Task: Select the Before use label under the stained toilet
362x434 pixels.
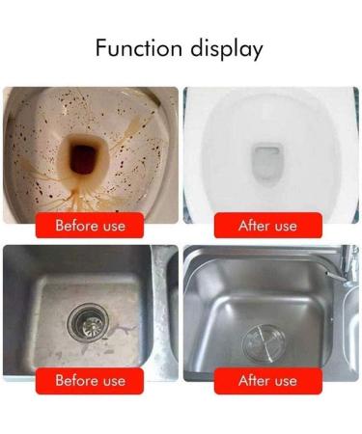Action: pos(89,226)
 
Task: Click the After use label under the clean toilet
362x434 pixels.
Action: pos(267,226)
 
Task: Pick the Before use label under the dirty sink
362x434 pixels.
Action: pos(89,380)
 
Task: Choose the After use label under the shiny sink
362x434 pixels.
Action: pos(267,380)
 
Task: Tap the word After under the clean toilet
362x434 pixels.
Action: pos(254,226)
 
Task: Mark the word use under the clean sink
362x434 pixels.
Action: pos(286,380)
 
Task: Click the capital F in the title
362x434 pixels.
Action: pos(101,48)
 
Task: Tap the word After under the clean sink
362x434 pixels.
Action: pos(254,380)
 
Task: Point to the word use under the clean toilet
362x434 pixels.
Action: pos(286,226)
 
